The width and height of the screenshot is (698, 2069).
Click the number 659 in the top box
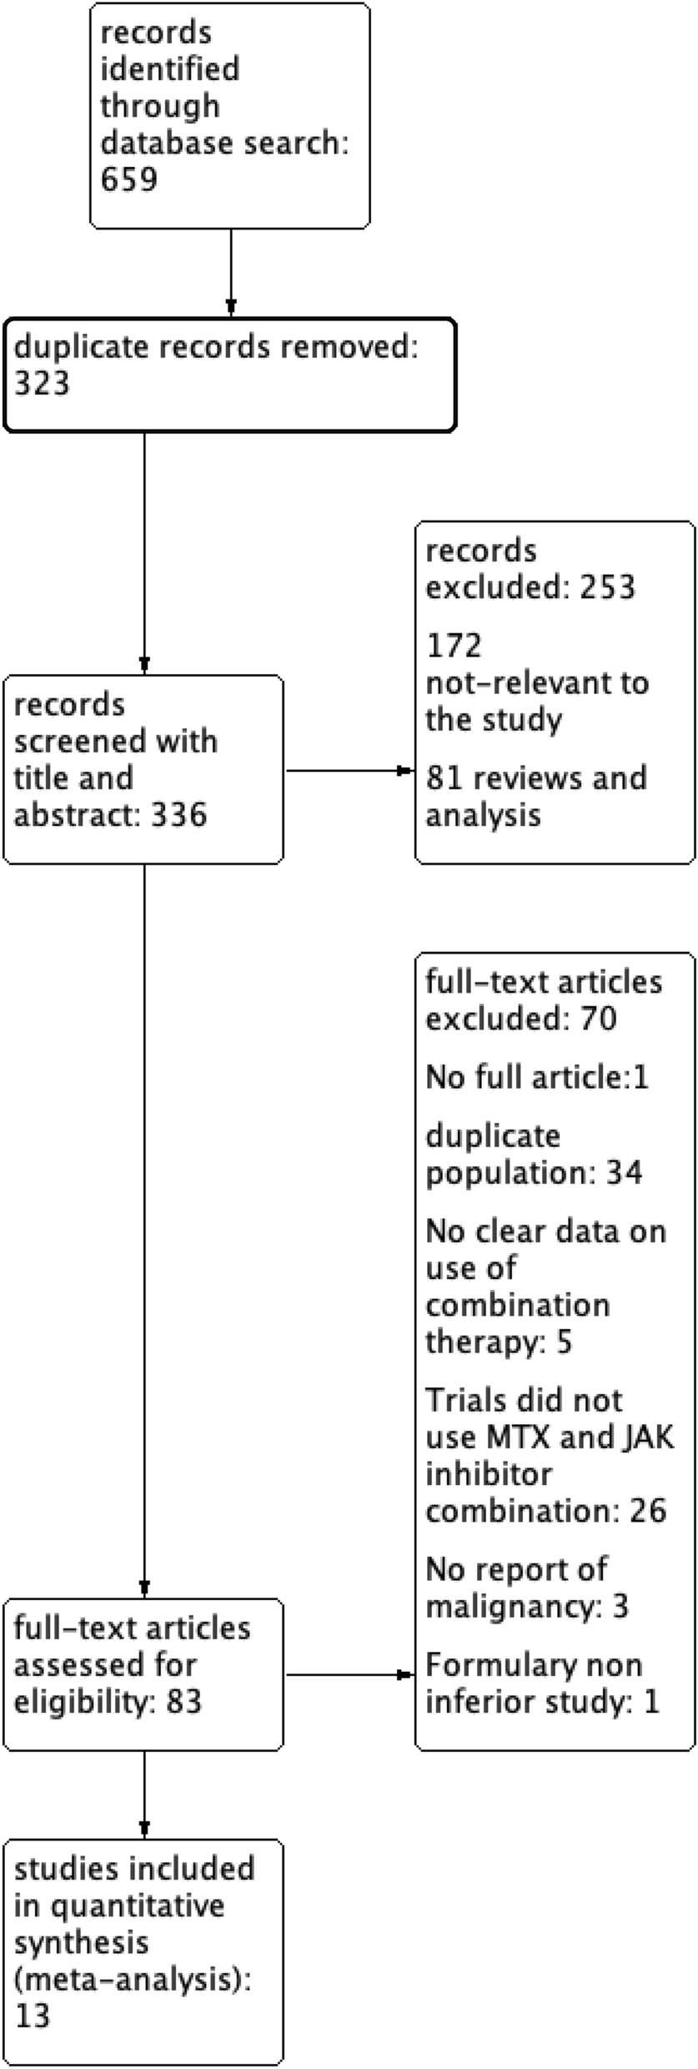click(128, 179)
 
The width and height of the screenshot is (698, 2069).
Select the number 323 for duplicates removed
click(42, 384)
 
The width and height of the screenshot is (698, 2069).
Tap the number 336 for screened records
click(178, 814)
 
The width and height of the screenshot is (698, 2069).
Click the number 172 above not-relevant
click(454, 646)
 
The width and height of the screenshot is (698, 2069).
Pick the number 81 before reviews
click(442, 778)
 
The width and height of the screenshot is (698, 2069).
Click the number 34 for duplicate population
click(625, 1173)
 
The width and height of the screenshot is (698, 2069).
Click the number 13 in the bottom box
click(32, 2016)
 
